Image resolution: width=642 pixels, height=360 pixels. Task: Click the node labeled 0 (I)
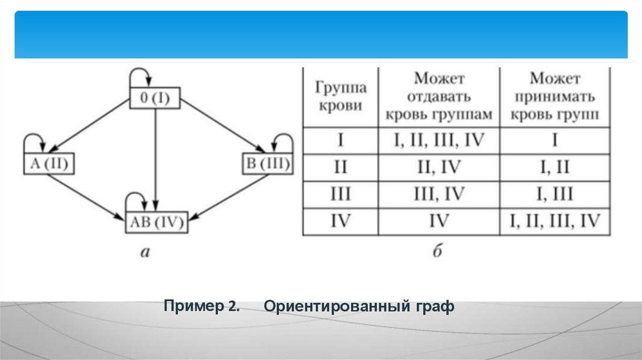point(154,99)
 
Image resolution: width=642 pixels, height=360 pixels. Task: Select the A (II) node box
point(48,165)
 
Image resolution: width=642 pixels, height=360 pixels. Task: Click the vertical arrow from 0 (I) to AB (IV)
point(155,157)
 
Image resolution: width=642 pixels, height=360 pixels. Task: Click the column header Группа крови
point(340,97)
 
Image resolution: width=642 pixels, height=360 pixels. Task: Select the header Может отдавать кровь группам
point(439,97)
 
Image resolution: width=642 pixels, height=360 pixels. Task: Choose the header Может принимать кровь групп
point(555,97)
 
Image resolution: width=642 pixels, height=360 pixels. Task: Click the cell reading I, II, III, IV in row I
point(439,139)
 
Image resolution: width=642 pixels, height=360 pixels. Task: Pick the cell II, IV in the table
point(439,166)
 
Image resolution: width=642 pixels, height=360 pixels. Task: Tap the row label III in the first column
point(340,194)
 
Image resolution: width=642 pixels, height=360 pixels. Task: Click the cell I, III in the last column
point(555,194)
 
